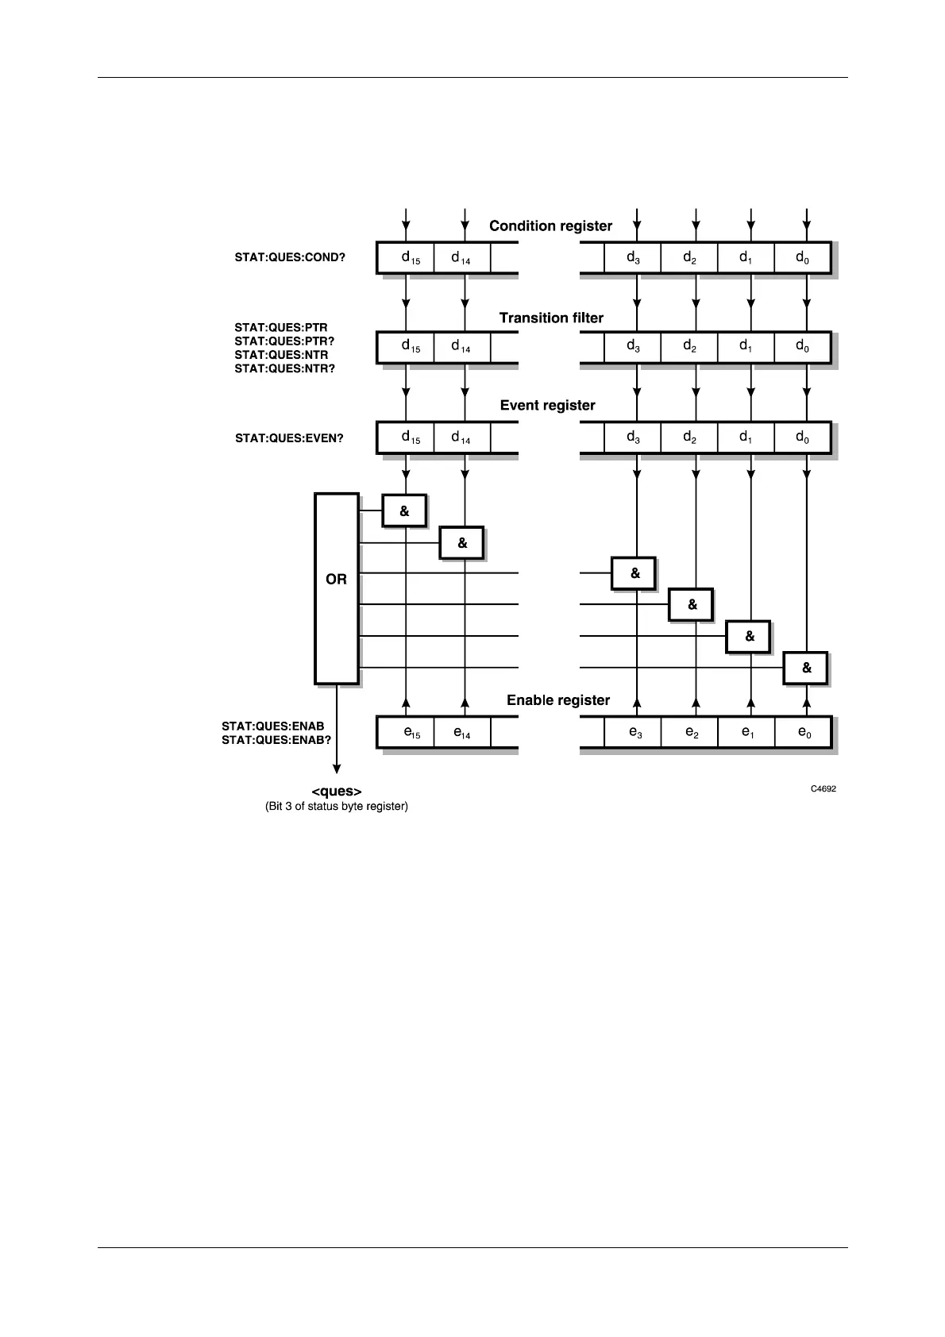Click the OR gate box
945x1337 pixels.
click(337, 588)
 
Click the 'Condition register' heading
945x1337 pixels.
click(550, 226)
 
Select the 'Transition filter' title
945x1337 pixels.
click(551, 318)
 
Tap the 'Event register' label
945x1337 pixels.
click(547, 406)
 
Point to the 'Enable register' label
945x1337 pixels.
click(558, 700)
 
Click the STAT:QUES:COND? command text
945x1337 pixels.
click(290, 258)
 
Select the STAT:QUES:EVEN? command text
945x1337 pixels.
click(289, 438)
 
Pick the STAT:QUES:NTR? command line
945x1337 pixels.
click(284, 368)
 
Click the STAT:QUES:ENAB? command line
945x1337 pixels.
click(276, 740)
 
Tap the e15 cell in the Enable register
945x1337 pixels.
click(406, 732)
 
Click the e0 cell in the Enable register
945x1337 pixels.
click(804, 732)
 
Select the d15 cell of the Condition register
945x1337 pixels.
click(406, 258)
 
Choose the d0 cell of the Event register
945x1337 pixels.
click(803, 437)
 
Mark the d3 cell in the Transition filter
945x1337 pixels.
click(633, 347)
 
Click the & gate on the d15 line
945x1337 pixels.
click(404, 511)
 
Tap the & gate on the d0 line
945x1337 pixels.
click(806, 668)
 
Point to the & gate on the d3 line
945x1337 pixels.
click(634, 573)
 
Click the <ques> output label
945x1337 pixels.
click(337, 792)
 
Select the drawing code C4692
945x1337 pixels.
click(823, 789)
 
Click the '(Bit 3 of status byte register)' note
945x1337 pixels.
click(337, 807)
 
